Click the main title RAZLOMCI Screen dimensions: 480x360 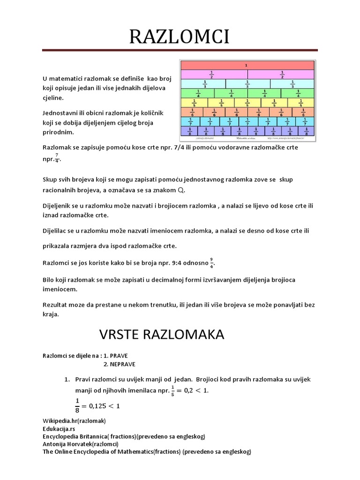point(180,37)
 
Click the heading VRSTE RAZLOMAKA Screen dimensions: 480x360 point(162,334)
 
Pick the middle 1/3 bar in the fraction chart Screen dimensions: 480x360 point(247,83)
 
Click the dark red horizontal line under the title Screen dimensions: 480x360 point(180,50)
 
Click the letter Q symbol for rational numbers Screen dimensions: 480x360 point(181,191)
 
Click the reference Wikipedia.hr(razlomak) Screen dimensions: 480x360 point(74,420)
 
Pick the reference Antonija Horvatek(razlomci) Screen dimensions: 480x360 point(80,444)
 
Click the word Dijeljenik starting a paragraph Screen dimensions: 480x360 point(57,207)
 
